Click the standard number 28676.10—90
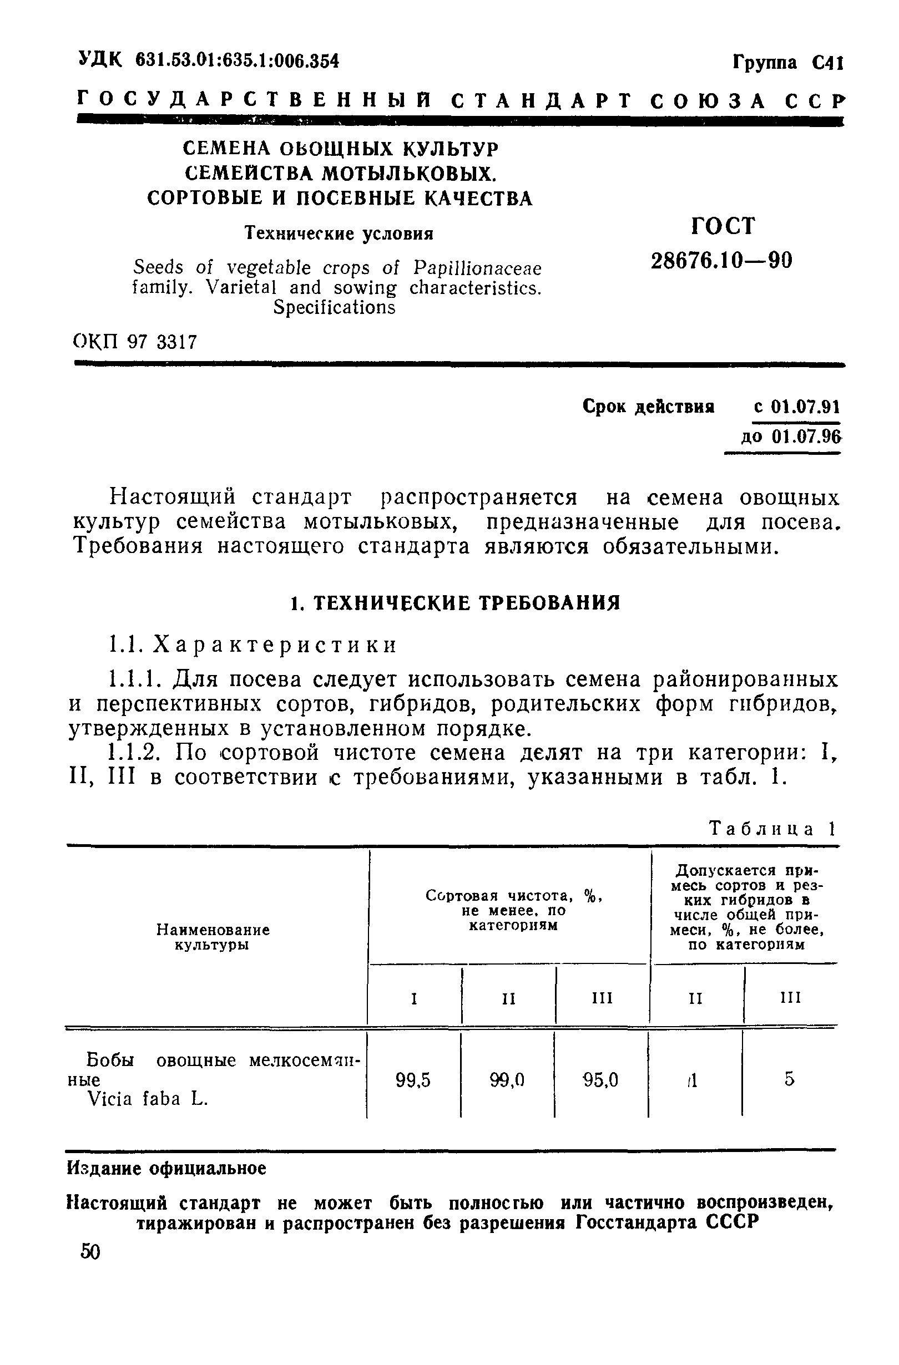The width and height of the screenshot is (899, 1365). [x=721, y=261]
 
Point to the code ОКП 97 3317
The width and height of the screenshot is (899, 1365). [x=135, y=342]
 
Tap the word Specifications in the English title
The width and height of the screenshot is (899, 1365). [x=335, y=308]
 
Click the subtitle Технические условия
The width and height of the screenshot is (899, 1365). [x=339, y=234]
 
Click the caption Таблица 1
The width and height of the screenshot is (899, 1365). [x=773, y=829]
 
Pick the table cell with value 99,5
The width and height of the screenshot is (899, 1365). [x=413, y=1080]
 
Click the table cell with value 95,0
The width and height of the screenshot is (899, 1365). [x=600, y=1080]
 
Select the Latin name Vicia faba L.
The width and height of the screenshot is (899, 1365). [x=148, y=1099]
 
